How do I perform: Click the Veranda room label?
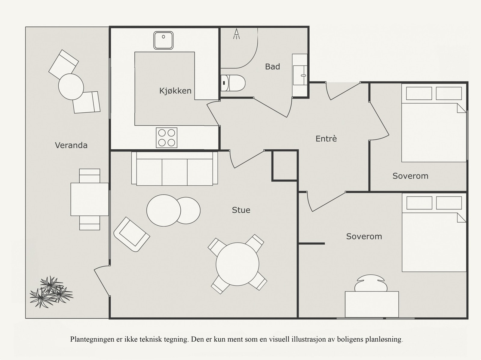[x=71, y=145]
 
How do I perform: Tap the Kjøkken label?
[x=175, y=91]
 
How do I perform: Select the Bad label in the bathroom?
[x=272, y=67]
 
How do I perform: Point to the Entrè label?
[x=326, y=139]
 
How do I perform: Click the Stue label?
[x=241, y=210]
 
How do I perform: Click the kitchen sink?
[x=164, y=40]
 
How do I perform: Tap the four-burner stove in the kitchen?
[x=167, y=138]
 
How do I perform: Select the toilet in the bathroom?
[x=233, y=83]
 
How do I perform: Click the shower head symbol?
[x=237, y=34]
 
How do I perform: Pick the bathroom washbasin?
[x=300, y=75]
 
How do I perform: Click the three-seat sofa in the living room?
[x=174, y=169]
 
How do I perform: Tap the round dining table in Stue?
[x=237, y=264]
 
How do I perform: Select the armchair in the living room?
[x=132, y=234]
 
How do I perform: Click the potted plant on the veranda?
[x=51, y=292]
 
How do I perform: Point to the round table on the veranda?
[x=71, y=87]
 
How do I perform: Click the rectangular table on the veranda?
[x=90, y=199]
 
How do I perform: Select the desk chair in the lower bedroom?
[x=371, y=283]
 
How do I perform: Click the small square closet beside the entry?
[x=285, y=166]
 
